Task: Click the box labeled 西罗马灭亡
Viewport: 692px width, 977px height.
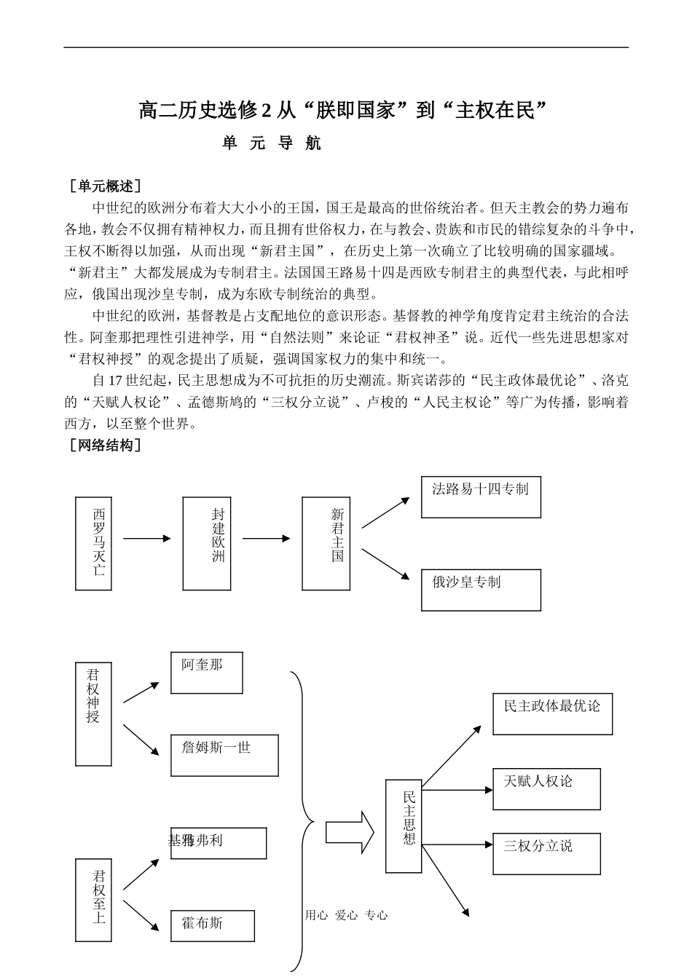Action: [x=99, y=543]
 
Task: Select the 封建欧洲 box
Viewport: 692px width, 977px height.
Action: [x=207, y=543]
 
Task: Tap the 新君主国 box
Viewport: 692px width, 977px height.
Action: [x=326, y=543]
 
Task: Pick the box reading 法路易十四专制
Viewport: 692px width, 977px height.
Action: [x=481, y=497]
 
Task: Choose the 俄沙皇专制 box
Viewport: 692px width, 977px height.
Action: [x=481, y=590]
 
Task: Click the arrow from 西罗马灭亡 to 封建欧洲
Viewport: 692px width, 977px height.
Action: [x=147, y=539]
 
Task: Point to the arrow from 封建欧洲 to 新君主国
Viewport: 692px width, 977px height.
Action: [x=267, y=539]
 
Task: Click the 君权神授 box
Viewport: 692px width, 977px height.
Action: [x=93, y=713]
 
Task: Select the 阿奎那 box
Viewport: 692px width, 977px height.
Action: [x=206, y=673]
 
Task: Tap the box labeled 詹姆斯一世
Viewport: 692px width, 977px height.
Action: [x=224, y=755]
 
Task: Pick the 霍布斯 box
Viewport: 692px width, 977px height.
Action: [x=213, y=925]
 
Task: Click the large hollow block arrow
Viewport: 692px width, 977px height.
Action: [x=349, y=831]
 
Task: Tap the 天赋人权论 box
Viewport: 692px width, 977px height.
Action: [x=546, y=788]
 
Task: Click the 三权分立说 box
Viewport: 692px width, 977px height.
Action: [x=546, y=853]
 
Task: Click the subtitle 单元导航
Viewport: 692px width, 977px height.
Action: [x=272, y=143]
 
